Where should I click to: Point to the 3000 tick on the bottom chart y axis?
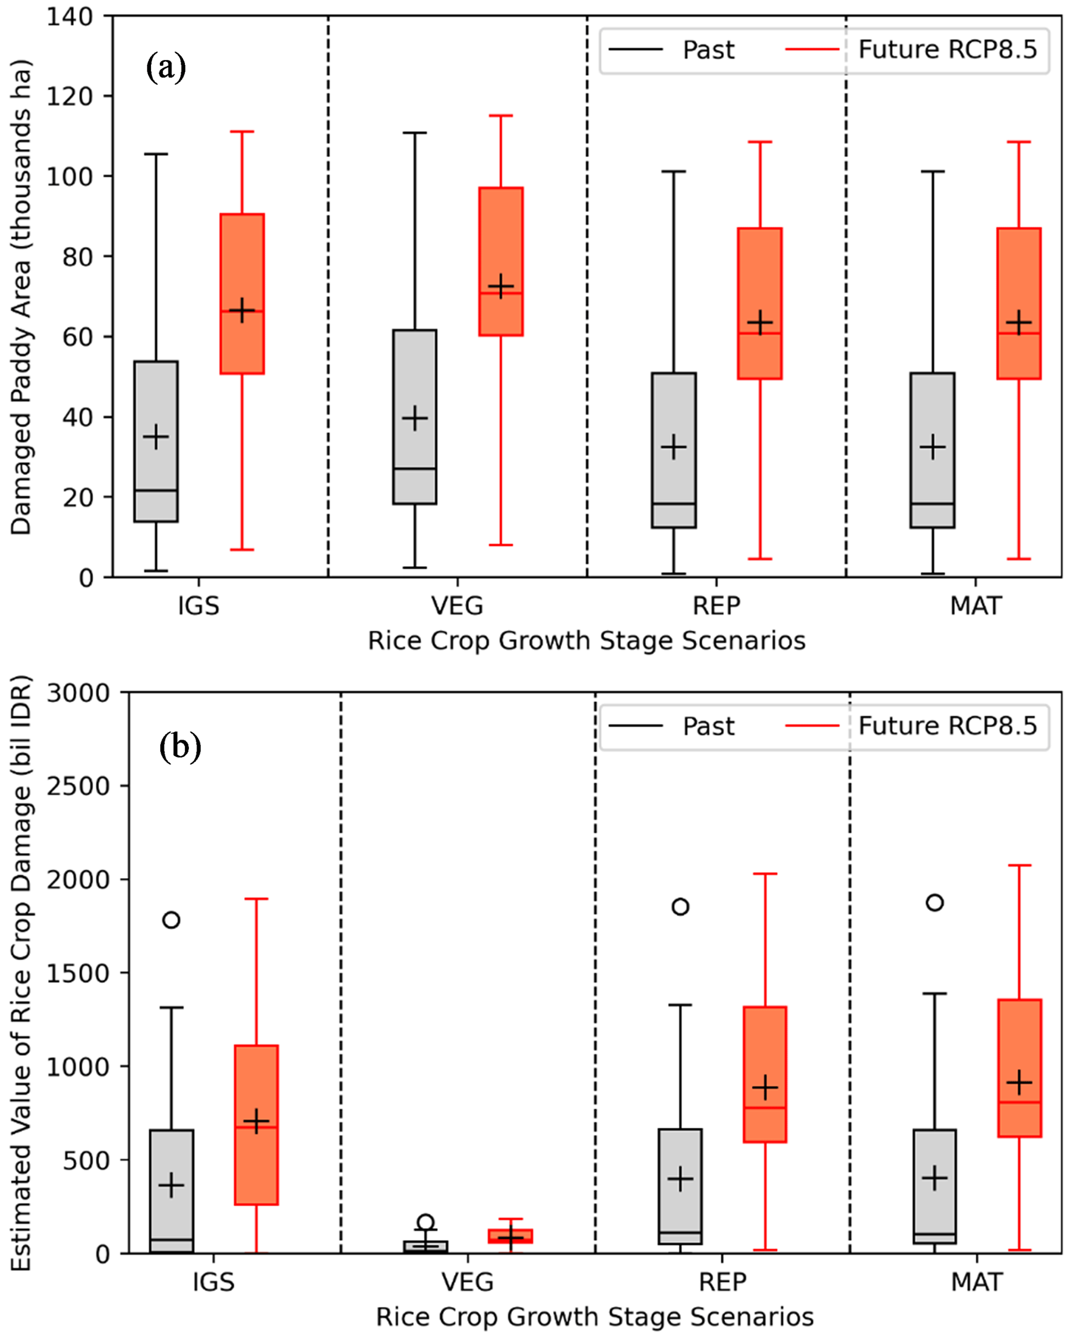point(78,693)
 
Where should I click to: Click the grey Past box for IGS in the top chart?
point(156,441)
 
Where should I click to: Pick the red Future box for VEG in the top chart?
point(500,261)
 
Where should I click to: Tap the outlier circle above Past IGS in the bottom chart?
point(171,920)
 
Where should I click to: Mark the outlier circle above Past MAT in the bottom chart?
point(934,902)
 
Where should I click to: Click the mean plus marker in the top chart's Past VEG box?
point(414,419)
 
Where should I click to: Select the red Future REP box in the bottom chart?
point(765,1073)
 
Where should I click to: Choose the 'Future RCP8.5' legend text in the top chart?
point(947,50)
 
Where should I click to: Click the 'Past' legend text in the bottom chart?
point(708,726)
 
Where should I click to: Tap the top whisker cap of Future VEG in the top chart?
point(500,115)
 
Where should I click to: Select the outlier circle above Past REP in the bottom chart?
point(680,907)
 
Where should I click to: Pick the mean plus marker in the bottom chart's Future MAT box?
point(1019,1083)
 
